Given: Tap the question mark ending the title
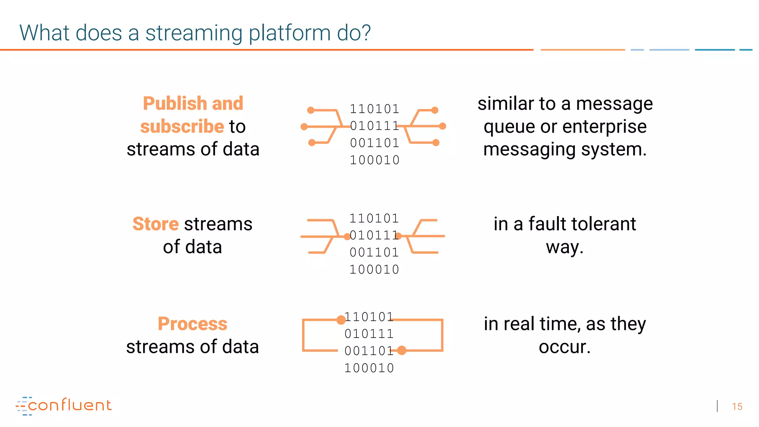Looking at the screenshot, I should pos(366,33).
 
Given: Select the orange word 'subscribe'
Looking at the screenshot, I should pos(182,126).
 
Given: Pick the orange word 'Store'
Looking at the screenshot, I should pos(156,224).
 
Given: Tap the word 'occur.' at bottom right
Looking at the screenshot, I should pos(564,347).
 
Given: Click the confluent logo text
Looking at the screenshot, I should pos(70,405).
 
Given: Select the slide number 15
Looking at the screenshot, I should pos(737,407).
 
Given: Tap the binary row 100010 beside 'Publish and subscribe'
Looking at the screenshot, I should pos(375,160).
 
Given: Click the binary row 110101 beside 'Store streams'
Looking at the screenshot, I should pos(374,218).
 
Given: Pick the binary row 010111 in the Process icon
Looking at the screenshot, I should pos(369,334).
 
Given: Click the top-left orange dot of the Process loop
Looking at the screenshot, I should pos(341,320).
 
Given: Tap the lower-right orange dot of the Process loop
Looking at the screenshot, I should pos(402,350).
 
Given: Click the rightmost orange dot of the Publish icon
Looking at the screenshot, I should pos(443,126).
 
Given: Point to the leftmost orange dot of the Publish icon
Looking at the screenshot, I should pos(304,127).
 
